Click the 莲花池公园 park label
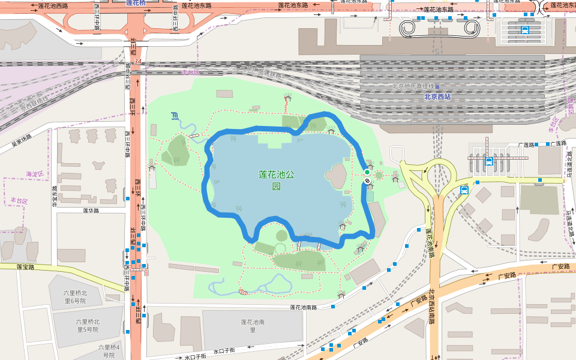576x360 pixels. tap(277, 180)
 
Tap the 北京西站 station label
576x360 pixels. tap(437, 97)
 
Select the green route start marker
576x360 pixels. tap(367, 172)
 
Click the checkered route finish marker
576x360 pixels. tap(367, 181)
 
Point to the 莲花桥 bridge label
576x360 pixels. tap(136, 3)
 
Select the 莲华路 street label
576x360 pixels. tap(91, 211)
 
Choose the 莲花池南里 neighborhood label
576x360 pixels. tap(253, 326)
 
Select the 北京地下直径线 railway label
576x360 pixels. tap(413, 86)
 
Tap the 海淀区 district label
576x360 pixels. tap(35, 174)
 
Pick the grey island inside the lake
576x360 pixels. tap(335, 176)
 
